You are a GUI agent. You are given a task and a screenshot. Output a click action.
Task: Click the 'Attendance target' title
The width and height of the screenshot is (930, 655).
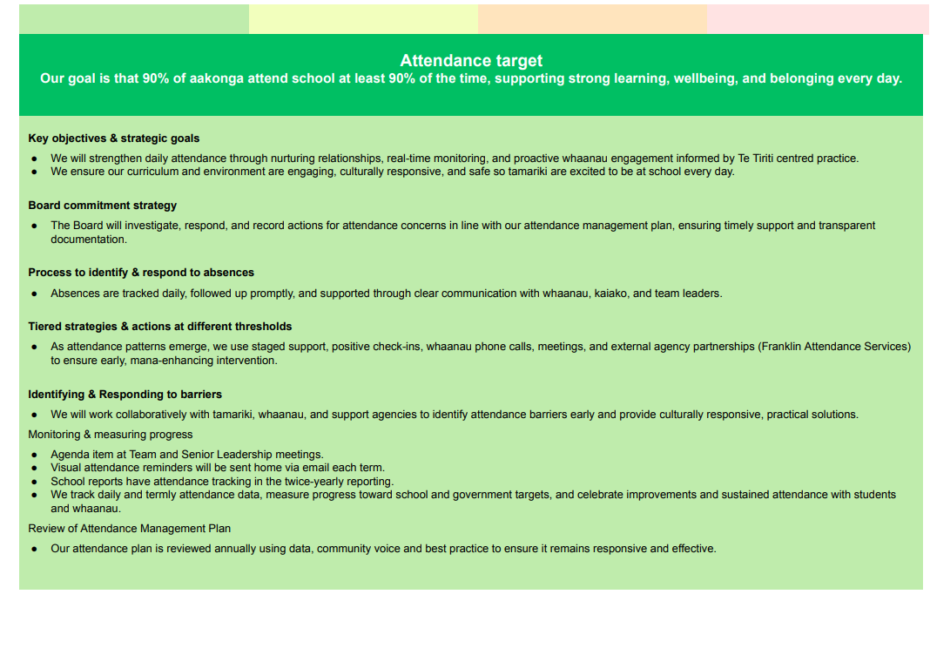[x=471, y=60]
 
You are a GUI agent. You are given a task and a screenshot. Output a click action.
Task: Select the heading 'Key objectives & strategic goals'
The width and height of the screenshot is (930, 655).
[x=113, y=138]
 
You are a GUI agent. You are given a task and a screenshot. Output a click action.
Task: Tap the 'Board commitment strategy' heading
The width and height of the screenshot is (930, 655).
[x=102, y=206]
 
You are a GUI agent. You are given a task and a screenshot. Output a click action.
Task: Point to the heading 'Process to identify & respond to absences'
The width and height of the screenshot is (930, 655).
[x=141, y=273]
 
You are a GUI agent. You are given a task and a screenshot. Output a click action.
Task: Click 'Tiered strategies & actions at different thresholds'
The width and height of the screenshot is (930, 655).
[x=159, y=327]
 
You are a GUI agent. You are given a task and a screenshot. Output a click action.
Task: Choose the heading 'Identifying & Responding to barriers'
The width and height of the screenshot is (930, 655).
[x=125, y=395]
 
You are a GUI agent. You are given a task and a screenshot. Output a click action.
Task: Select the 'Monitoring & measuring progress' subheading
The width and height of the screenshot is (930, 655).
[x=110, y=435]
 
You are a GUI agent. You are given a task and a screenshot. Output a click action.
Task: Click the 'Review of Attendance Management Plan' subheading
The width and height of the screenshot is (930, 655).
[x=129, y=529]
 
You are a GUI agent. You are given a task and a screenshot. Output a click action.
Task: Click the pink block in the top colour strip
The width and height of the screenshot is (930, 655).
[x=817, y=19]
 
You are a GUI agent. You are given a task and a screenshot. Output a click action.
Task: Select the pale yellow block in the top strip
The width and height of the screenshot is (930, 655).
[x=363, y=19]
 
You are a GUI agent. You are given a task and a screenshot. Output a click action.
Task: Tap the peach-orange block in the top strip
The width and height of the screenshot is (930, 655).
[x=592, y=19]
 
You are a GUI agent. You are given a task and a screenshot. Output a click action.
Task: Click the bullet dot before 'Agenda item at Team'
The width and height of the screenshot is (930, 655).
[x=34, y=455]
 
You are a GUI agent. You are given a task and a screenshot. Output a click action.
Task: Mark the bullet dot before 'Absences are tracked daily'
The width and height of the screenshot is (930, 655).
[x=34, y=294]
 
